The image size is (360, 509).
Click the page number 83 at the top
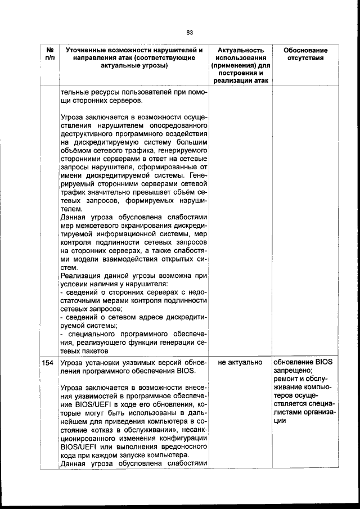point(190,32)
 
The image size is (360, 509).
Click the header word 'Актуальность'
point(241,50)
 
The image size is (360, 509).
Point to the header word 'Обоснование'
point(305,50)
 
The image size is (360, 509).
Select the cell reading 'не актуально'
point(240,363)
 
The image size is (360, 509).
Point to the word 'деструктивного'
point(86,134)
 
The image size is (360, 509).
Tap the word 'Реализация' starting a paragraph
point(78,276)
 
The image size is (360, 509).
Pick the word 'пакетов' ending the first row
point(80,350)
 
